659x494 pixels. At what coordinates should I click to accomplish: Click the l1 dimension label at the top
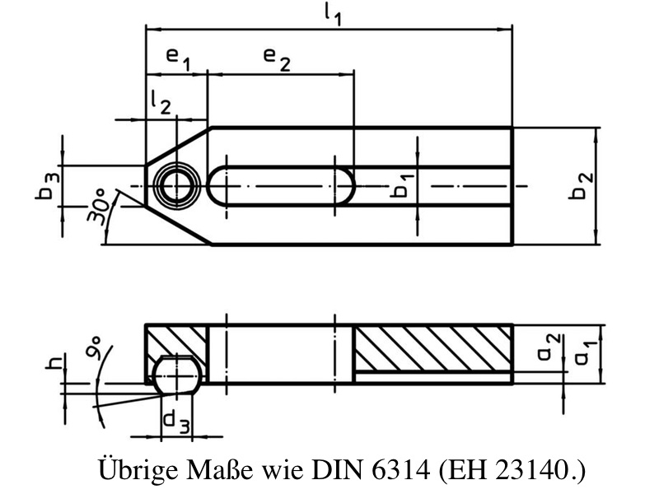tap(333, 14)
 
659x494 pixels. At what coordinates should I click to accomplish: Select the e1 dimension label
tap(178, 58)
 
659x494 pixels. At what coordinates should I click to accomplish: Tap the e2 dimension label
tap(277, 58)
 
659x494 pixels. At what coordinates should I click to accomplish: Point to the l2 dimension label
tap(161, 102)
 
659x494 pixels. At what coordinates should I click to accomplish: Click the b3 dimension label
tap(48, 187)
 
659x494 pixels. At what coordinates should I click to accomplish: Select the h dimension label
tap(55, 361)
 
